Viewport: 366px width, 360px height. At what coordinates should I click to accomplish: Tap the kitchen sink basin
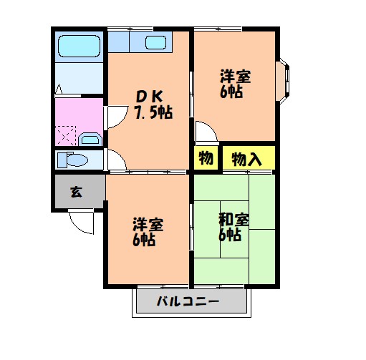[x=156, y=42]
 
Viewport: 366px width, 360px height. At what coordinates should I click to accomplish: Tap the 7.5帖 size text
[x=152, y=113]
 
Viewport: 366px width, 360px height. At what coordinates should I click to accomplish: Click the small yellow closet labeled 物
[x=205, y=159]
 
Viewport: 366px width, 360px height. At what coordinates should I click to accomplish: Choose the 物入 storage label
[x=246, y=159]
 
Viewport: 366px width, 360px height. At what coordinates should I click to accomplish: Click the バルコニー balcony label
[x=188, y=303]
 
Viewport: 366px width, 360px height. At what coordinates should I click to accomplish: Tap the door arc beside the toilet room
[x=113, y=158]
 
